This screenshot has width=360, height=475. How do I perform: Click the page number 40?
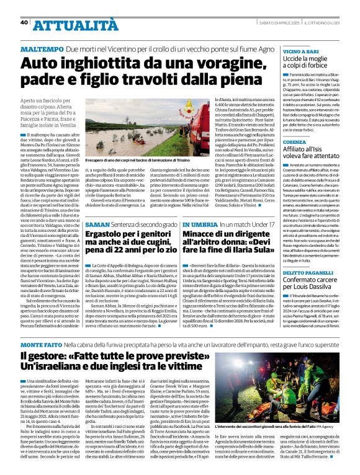click(24, 23)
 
